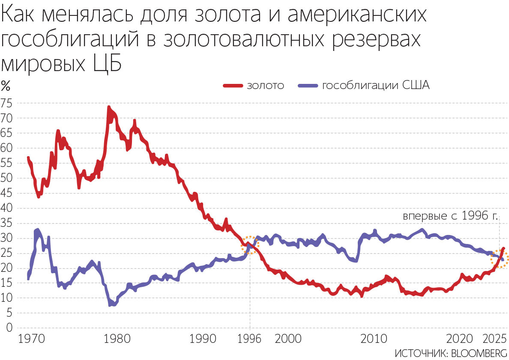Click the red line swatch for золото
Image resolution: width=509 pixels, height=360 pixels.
coord(234,86)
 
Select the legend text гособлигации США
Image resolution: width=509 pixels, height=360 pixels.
coord(375,85)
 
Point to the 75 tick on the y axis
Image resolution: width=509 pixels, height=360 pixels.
coord(7,103)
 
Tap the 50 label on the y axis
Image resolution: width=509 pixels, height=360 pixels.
coord(7,178)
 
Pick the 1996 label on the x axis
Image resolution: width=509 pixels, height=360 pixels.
coord(249,339)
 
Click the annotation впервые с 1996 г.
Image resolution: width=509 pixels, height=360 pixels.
coord(450,216)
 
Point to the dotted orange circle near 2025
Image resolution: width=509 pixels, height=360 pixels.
coord(499,259)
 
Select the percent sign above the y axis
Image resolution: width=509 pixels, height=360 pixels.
coord(6,85)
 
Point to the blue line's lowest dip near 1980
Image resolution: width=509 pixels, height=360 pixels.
coord(111,304)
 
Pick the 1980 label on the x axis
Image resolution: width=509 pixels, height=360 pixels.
coord(117,339)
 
